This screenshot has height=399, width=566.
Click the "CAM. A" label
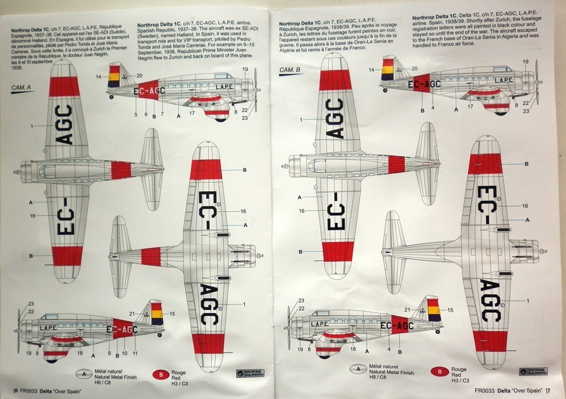pyautogui.click(x=20, y=87)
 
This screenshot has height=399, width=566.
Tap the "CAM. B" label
pyautogui.click(x=290, y=70)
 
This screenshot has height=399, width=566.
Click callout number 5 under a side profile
pyautogui.click(x=135, y=114)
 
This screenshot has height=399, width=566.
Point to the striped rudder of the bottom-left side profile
pyautogui.click(x=157, y=313)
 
